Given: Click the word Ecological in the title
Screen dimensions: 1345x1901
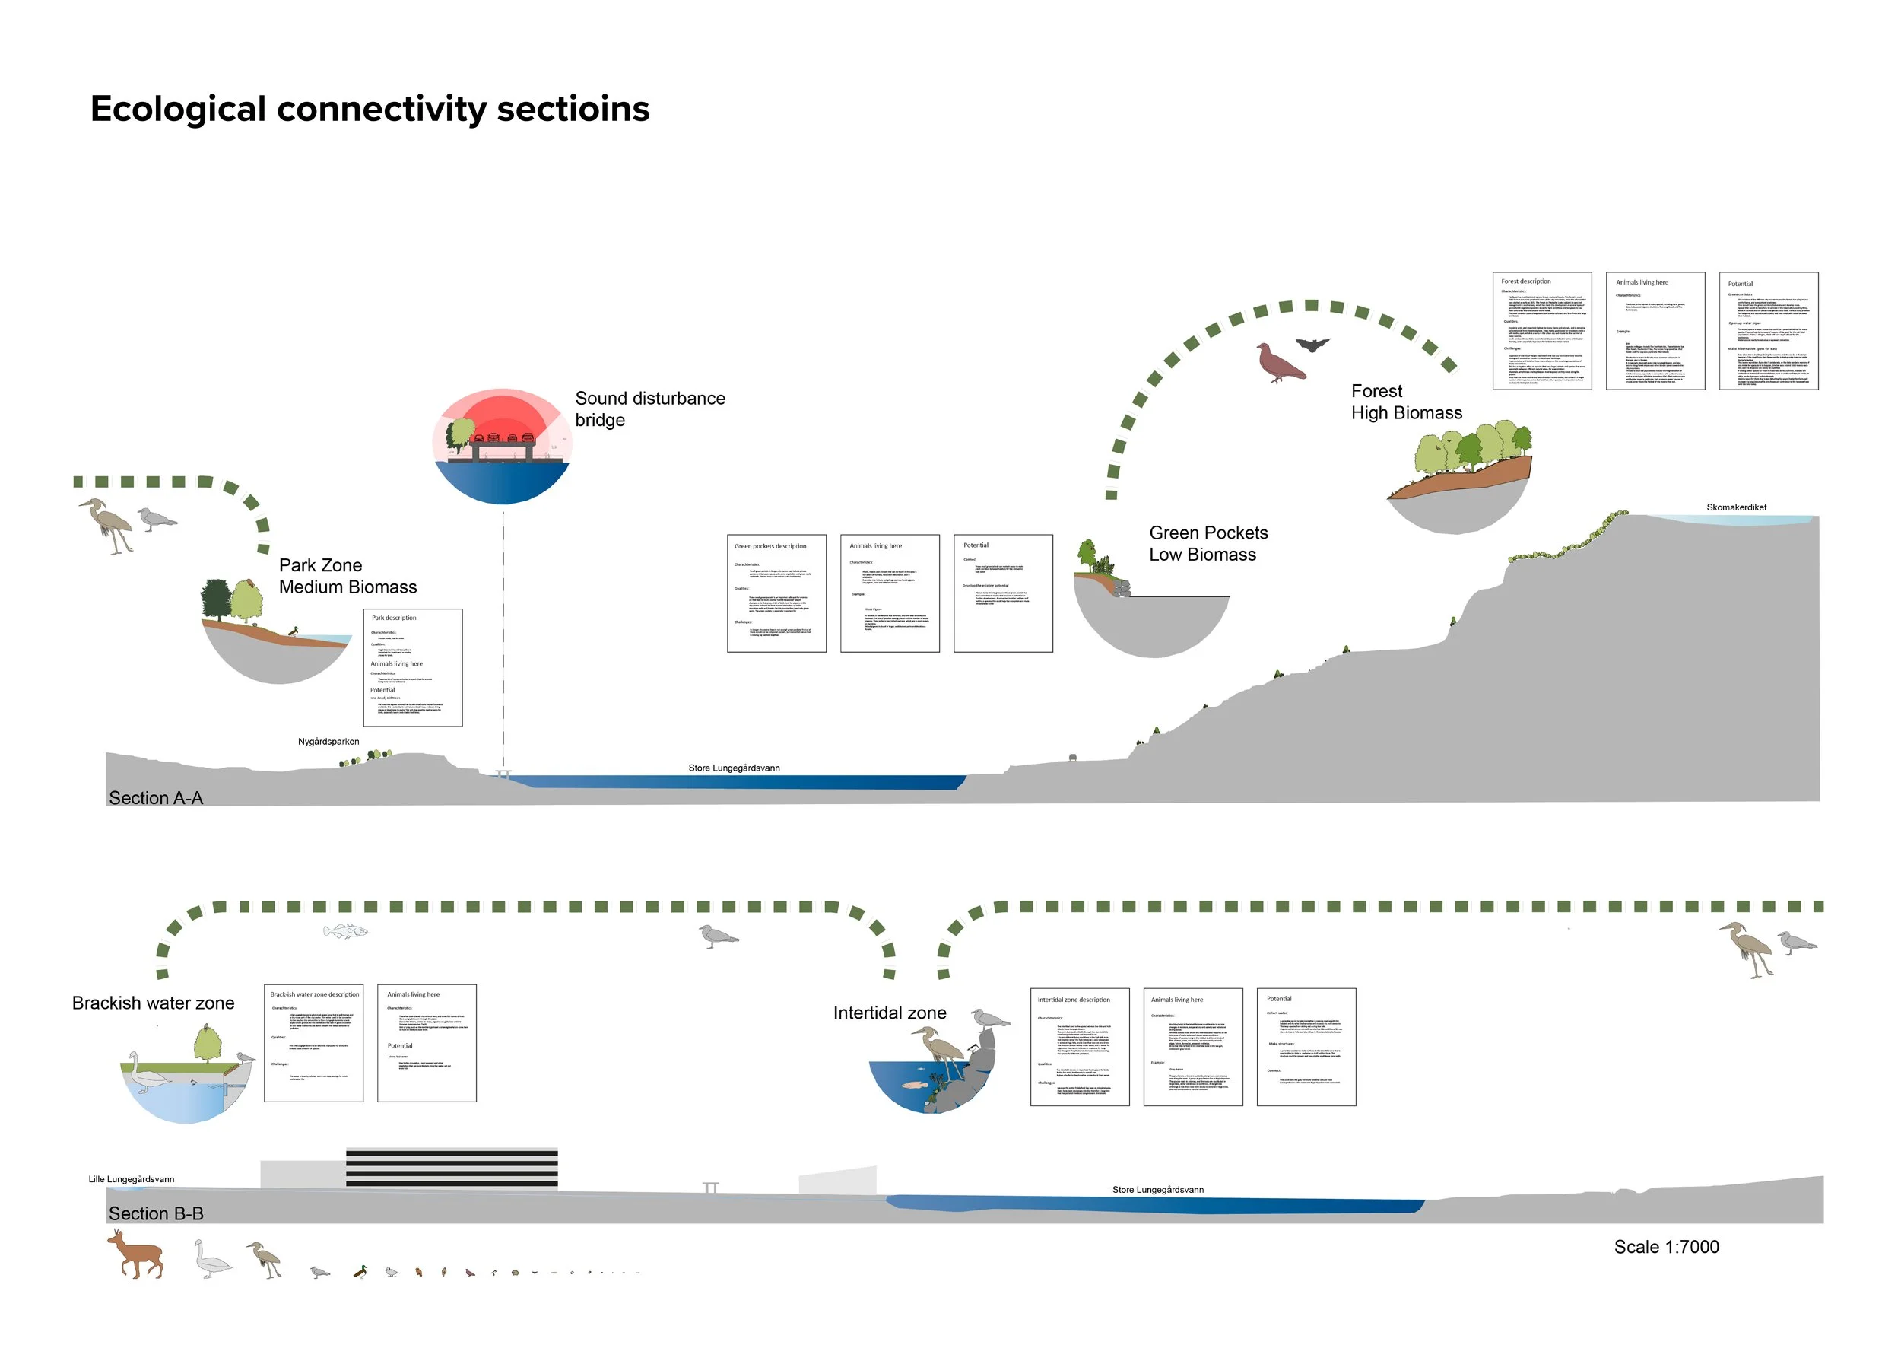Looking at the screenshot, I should pos(178,110).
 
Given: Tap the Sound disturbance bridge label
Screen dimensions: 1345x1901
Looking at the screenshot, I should pos(649,409).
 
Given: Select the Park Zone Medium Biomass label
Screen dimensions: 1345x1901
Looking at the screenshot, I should pos(347,577).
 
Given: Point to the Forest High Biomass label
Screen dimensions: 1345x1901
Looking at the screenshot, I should pos(1406,402).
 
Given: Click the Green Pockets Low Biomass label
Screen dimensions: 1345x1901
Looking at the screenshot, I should pos(1208,544).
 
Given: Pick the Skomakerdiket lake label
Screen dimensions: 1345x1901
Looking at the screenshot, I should pos(1735,507).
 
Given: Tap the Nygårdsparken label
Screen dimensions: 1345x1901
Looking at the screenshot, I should pos(328,742).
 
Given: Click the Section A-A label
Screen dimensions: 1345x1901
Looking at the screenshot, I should pos(156,798).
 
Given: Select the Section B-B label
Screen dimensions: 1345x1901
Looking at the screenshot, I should pos(156,1214).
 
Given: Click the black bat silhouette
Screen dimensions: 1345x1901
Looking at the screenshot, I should pos(1312,345).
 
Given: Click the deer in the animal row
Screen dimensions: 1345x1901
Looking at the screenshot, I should pos(137,1254).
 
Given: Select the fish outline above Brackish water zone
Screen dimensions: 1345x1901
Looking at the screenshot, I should pos(345,932).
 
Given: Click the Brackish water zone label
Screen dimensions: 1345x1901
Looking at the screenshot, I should pos(153,1003).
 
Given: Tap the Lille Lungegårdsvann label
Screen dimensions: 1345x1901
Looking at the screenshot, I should pos(132,1179).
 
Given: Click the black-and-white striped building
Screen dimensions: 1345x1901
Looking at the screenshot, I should pos(451,1169).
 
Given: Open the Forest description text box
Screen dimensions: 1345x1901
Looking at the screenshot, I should pos(1541,331).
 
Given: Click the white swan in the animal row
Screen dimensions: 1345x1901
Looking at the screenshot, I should pos(213,1260).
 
